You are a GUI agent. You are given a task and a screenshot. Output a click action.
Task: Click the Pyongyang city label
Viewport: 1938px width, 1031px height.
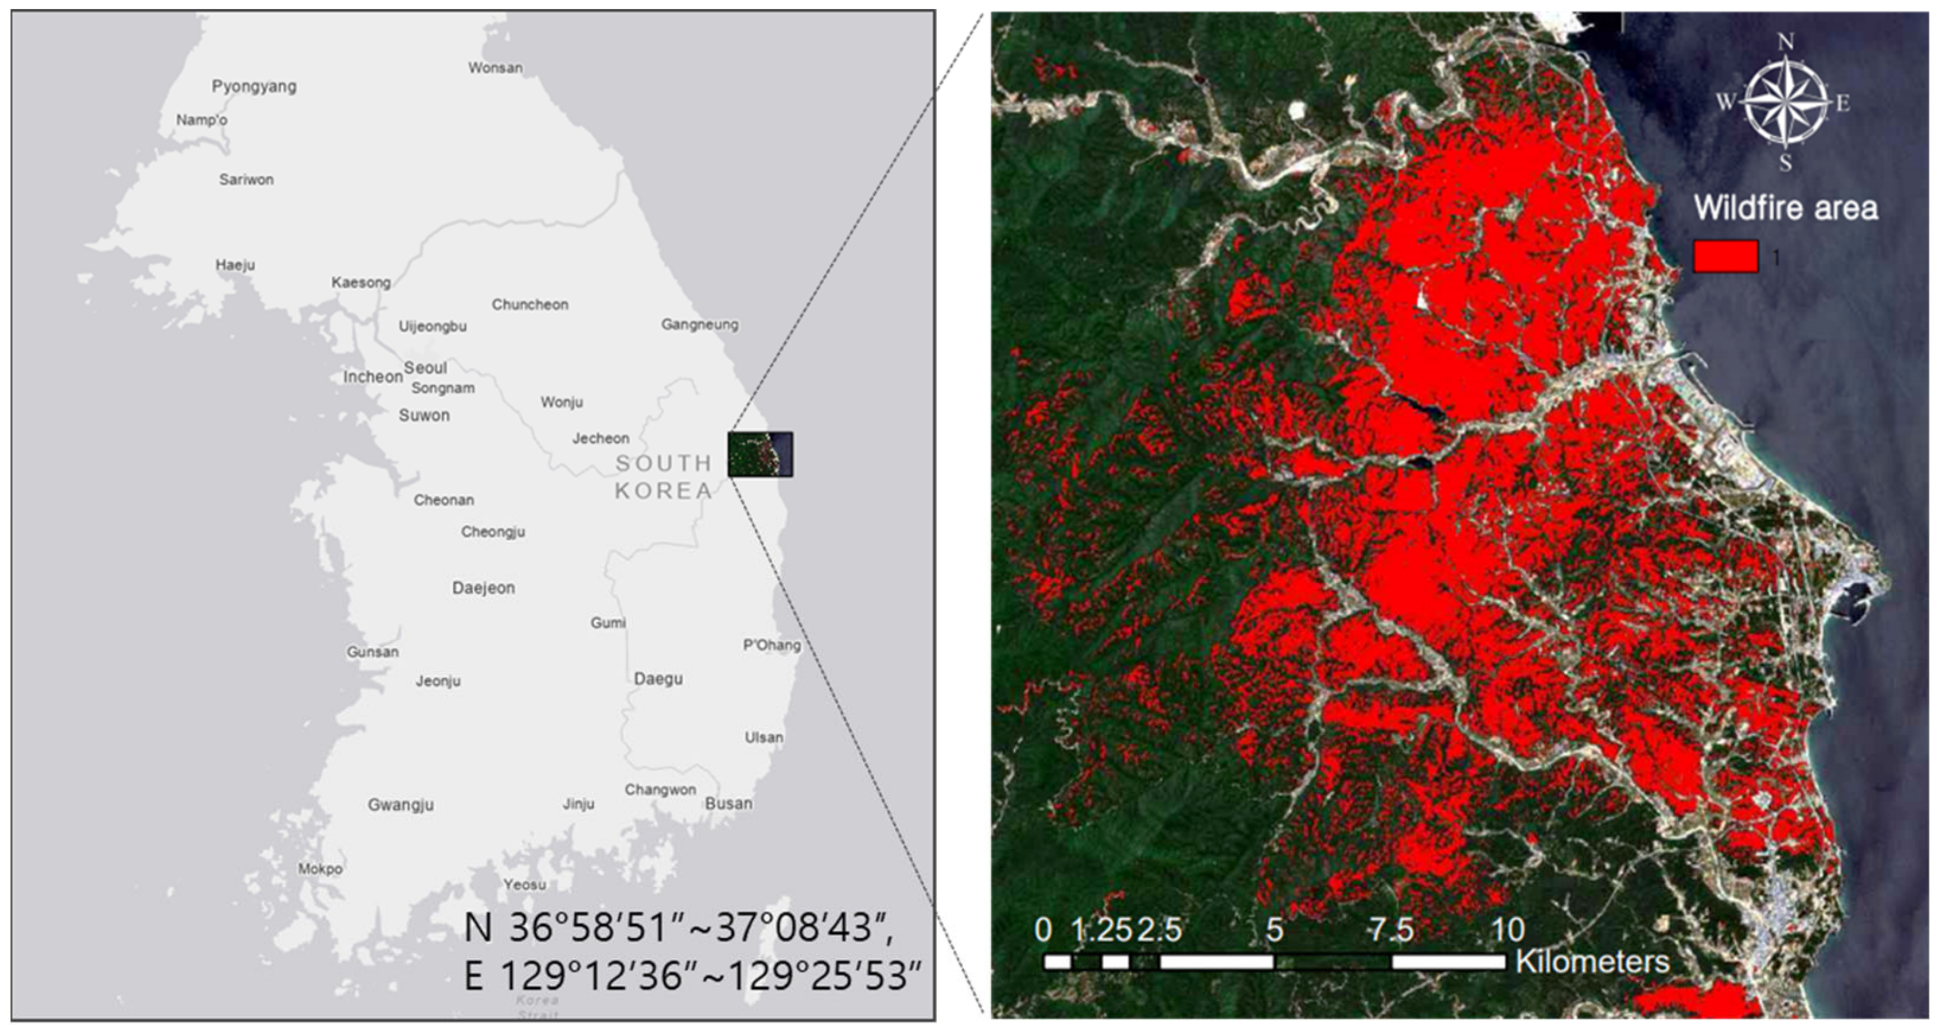click(x=253, y=86)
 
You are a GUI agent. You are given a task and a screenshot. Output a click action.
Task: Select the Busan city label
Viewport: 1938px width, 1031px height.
click(x=729, y=804)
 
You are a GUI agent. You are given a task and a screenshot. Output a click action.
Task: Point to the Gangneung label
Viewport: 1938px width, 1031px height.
click(x=699, y=324)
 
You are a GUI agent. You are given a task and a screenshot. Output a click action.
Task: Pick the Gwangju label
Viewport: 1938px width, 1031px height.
click(x=400, y=805)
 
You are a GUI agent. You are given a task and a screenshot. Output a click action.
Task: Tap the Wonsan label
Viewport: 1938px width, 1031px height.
click(x=495, y=67)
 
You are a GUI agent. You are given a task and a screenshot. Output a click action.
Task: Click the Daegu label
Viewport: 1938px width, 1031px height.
click(x=658, y=679)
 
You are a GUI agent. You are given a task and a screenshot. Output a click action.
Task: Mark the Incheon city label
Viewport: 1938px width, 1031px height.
click(x=372, y=377)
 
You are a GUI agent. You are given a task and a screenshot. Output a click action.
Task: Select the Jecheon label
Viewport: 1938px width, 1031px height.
click(x=601, y=438)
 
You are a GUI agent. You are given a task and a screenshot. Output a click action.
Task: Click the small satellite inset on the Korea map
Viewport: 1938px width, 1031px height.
click(x=760, y=454)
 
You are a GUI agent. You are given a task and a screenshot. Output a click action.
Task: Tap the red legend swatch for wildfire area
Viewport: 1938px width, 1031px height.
click(x=1725, y=257)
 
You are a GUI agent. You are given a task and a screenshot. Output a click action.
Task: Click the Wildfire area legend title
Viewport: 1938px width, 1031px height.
click(x=1785, y=207)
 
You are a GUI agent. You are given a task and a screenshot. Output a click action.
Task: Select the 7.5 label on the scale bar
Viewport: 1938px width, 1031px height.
click(x=1390, y=931)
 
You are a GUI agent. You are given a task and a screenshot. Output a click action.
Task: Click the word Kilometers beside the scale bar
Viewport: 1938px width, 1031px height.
click(x=1592, y=961)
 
